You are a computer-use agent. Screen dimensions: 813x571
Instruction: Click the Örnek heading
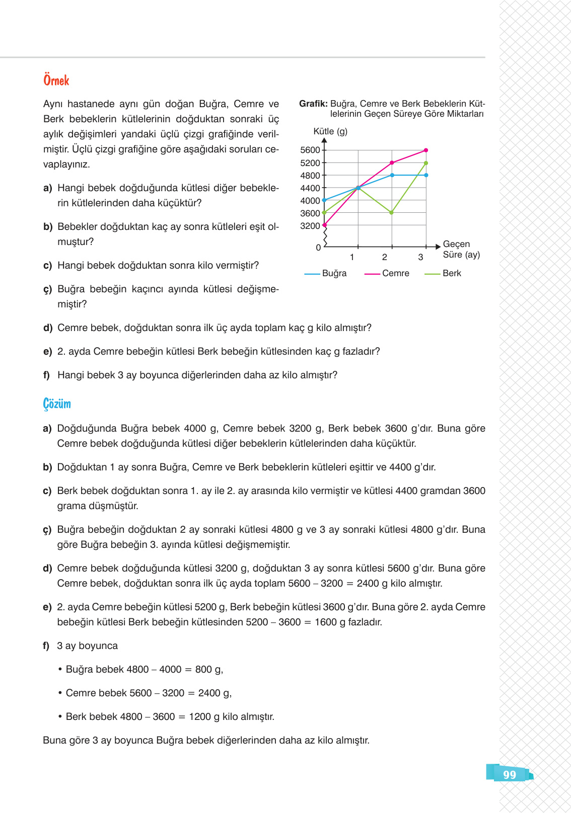pos(56,80)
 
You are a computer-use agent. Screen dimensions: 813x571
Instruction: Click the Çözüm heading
pos(57,404)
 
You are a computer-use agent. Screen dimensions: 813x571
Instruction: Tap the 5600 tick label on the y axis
pos(310,150)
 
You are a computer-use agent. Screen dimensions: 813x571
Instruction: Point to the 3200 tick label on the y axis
pos(310,226)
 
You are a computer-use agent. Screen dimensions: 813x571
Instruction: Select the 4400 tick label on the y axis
pos(310,188)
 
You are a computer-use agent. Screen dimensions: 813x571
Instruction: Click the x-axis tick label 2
pos(385,257)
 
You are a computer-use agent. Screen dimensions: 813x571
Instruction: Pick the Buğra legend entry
pos(334,273)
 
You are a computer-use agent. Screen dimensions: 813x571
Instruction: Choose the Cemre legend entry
pos(395,273)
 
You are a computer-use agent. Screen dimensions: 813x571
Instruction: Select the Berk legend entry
pos(452,273)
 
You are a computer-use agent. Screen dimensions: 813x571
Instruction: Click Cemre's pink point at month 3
pos(426,150)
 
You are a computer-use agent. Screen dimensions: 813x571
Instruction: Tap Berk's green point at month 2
pos(392,213)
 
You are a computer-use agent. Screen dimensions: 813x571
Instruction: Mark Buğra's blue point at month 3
pos(426,175)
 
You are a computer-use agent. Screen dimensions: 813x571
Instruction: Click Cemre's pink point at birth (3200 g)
pos(324,225)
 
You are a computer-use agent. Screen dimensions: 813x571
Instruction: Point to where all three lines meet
pos(358,188)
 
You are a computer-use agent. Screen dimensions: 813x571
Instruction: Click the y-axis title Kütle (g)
pos(330,131)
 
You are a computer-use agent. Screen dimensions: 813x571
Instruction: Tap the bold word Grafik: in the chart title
pos(313,104)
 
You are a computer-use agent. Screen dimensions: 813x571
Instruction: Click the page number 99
pos(510,775)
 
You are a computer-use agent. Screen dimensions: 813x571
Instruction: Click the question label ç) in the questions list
pos(47,289)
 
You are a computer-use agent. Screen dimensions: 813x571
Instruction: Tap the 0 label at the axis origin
pos(318,248)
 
